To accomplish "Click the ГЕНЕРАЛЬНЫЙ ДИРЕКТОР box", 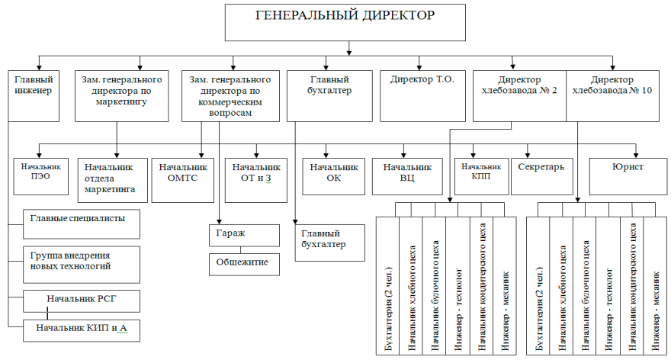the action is pos(345,23).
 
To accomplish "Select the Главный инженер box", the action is pos(34,96).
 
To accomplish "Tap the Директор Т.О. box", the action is pos(422,96).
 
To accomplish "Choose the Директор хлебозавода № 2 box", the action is pos(519,96).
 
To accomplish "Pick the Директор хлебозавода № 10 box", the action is pos(612,96).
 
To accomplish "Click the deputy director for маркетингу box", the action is pos(121,96).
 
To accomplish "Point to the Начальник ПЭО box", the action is pos(40,177).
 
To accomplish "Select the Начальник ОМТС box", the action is pos(183,180).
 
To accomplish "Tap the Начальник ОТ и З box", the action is pos(256,180).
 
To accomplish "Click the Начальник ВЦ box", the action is pos(407,177).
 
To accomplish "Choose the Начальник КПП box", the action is pos(481,177).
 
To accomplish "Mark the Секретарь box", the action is pos(542,177).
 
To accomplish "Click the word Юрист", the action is pos(628,167).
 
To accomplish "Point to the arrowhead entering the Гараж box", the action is pos(219,222).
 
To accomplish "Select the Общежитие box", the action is pos(244,265).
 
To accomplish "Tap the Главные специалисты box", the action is pos(82,224).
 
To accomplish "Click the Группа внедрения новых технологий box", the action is pos(82,265).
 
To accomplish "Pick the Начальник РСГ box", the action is pos(82,301).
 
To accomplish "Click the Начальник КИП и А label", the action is pos(82,328).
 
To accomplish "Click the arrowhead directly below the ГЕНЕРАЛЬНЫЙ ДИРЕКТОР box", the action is pos(349,53).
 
